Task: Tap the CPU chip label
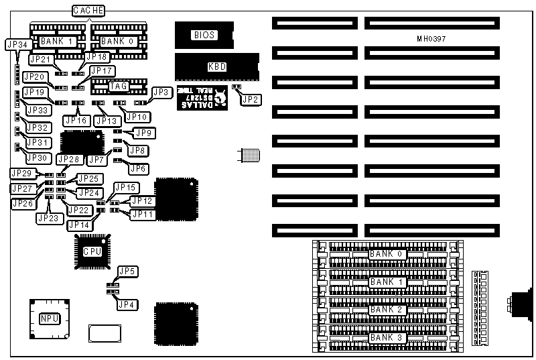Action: coord(92,251)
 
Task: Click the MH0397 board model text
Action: coord(431,38)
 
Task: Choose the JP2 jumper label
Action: coord(251,99)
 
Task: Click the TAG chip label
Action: coord(119,86)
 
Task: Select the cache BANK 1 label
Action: coord(57,42)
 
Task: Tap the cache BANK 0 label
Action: coord(117,42)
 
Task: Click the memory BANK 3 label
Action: coord(387,337)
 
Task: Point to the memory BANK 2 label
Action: coord(387,310)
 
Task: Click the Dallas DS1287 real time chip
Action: coord(200,100)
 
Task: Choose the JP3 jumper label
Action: coord(161,92)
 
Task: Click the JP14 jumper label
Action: coord(80,225)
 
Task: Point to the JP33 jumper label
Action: coord(37,111)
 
